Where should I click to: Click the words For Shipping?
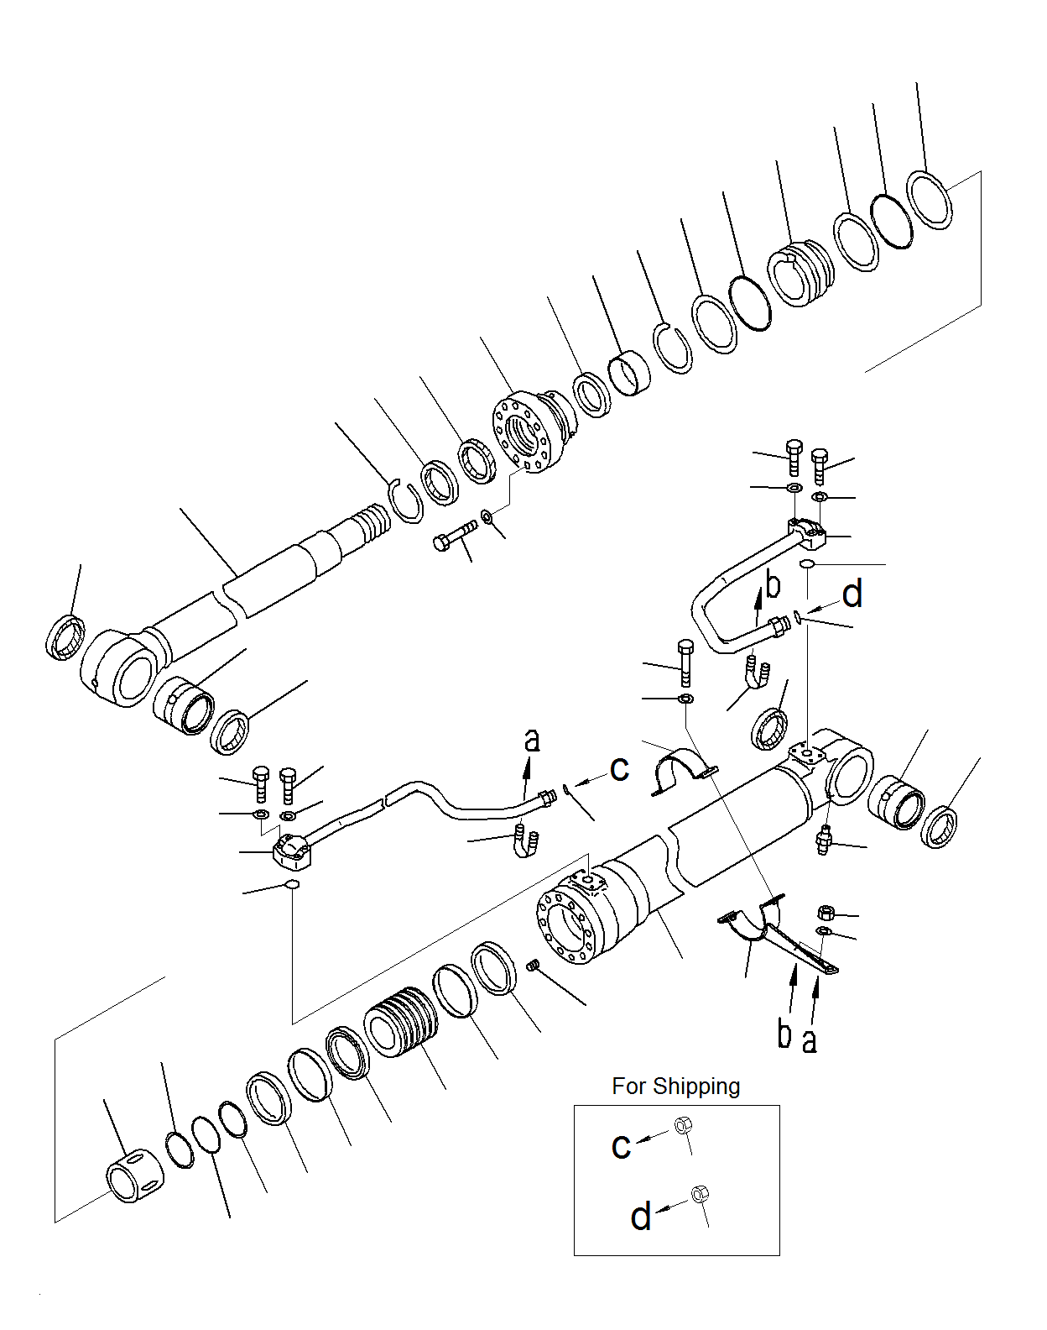coord(675,1086)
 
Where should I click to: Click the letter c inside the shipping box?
coord(621,1145)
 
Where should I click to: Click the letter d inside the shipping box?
coord(641,1216)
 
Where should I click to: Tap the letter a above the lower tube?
coord(532,740)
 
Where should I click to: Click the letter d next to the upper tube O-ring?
coord(852,594)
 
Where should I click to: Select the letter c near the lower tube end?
coord(619,767)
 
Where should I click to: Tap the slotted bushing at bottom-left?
coord(135,1175)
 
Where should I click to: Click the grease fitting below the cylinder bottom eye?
coord(824,840)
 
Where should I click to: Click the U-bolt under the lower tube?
coord(525,841)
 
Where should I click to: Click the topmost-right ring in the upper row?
coord(930,199)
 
